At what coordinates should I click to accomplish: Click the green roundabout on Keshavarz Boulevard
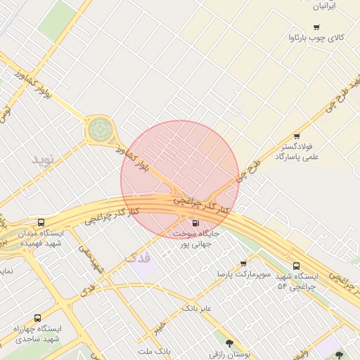click(99, 129)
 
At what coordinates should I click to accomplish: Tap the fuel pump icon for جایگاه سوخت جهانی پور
click(194, 224)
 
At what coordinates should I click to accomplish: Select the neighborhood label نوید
click(42, 159)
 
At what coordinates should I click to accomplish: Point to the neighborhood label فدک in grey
click(137, 257)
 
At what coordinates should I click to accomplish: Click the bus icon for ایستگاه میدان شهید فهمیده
click(41, 222)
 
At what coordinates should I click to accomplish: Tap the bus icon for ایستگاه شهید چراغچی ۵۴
click(296, 266)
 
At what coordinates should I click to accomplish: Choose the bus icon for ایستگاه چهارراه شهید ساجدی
click(37, 318)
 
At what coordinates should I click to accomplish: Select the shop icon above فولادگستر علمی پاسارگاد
click(297, 136)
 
